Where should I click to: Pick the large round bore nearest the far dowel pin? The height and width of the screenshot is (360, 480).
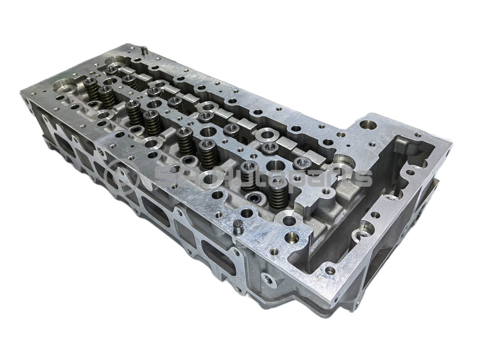coord(114,62)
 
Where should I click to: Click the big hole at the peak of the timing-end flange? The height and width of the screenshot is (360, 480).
coord(367,127)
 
